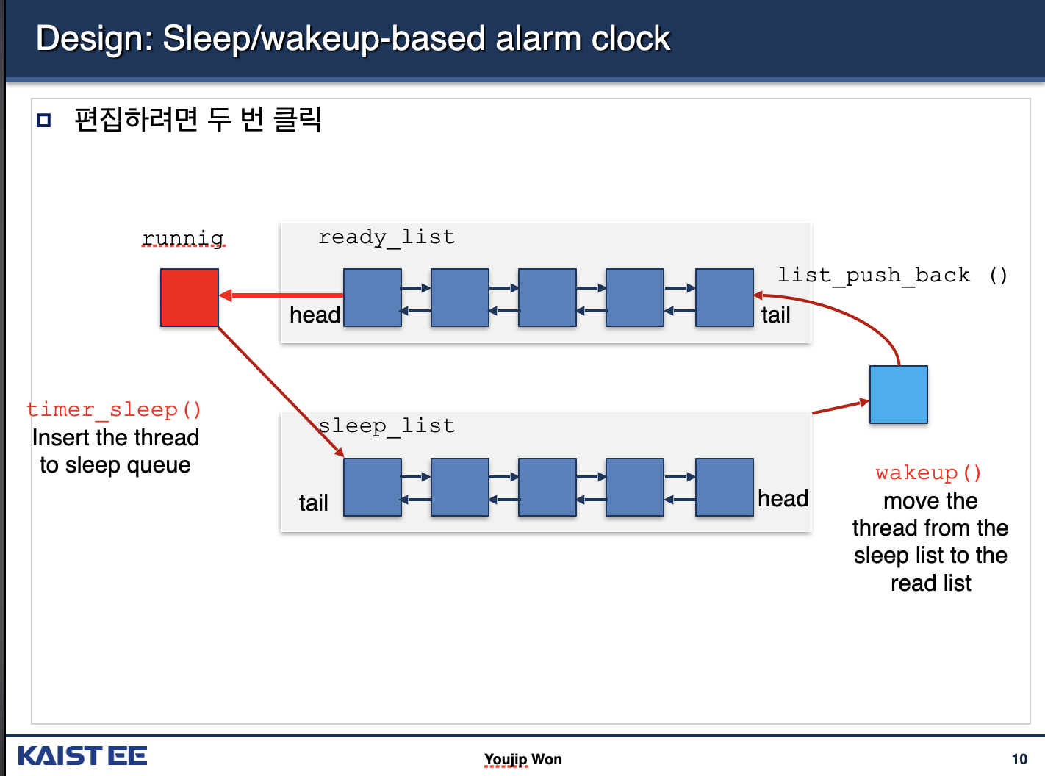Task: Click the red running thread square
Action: (x=190, y=298)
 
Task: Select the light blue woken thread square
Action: (x=898, y=395)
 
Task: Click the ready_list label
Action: (x=387, y=237)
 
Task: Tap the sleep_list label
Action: (x=387, y=426)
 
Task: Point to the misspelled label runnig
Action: (x=183, y=239)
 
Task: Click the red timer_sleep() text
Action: (x=114, y=409)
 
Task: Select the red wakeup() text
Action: (x=928, y=473)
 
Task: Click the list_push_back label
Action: (x=874, y=276)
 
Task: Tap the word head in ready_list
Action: (x=315, y=315)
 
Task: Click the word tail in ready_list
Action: (x=775, y=315)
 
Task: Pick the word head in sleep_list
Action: (x=783, y=498)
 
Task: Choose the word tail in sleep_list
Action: (x=313, y=503)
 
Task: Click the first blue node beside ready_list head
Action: (x=373, y=298)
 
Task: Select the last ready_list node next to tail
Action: (x=724, y=298)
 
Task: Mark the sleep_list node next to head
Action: (x=724, y=487)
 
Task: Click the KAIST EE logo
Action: (x=82, y=755)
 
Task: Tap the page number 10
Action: (x=1019, y=759)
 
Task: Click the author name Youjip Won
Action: (x=522, y=759)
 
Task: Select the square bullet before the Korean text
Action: (x=44, y=120)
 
